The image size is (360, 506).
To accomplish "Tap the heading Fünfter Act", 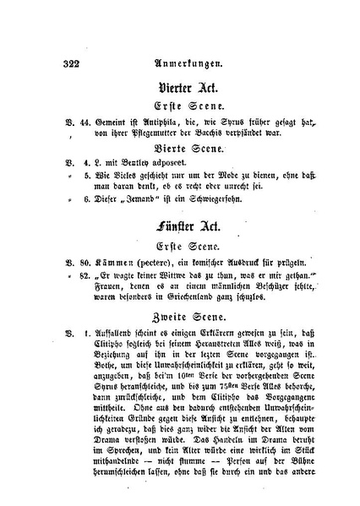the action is click(x=188, y=229).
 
